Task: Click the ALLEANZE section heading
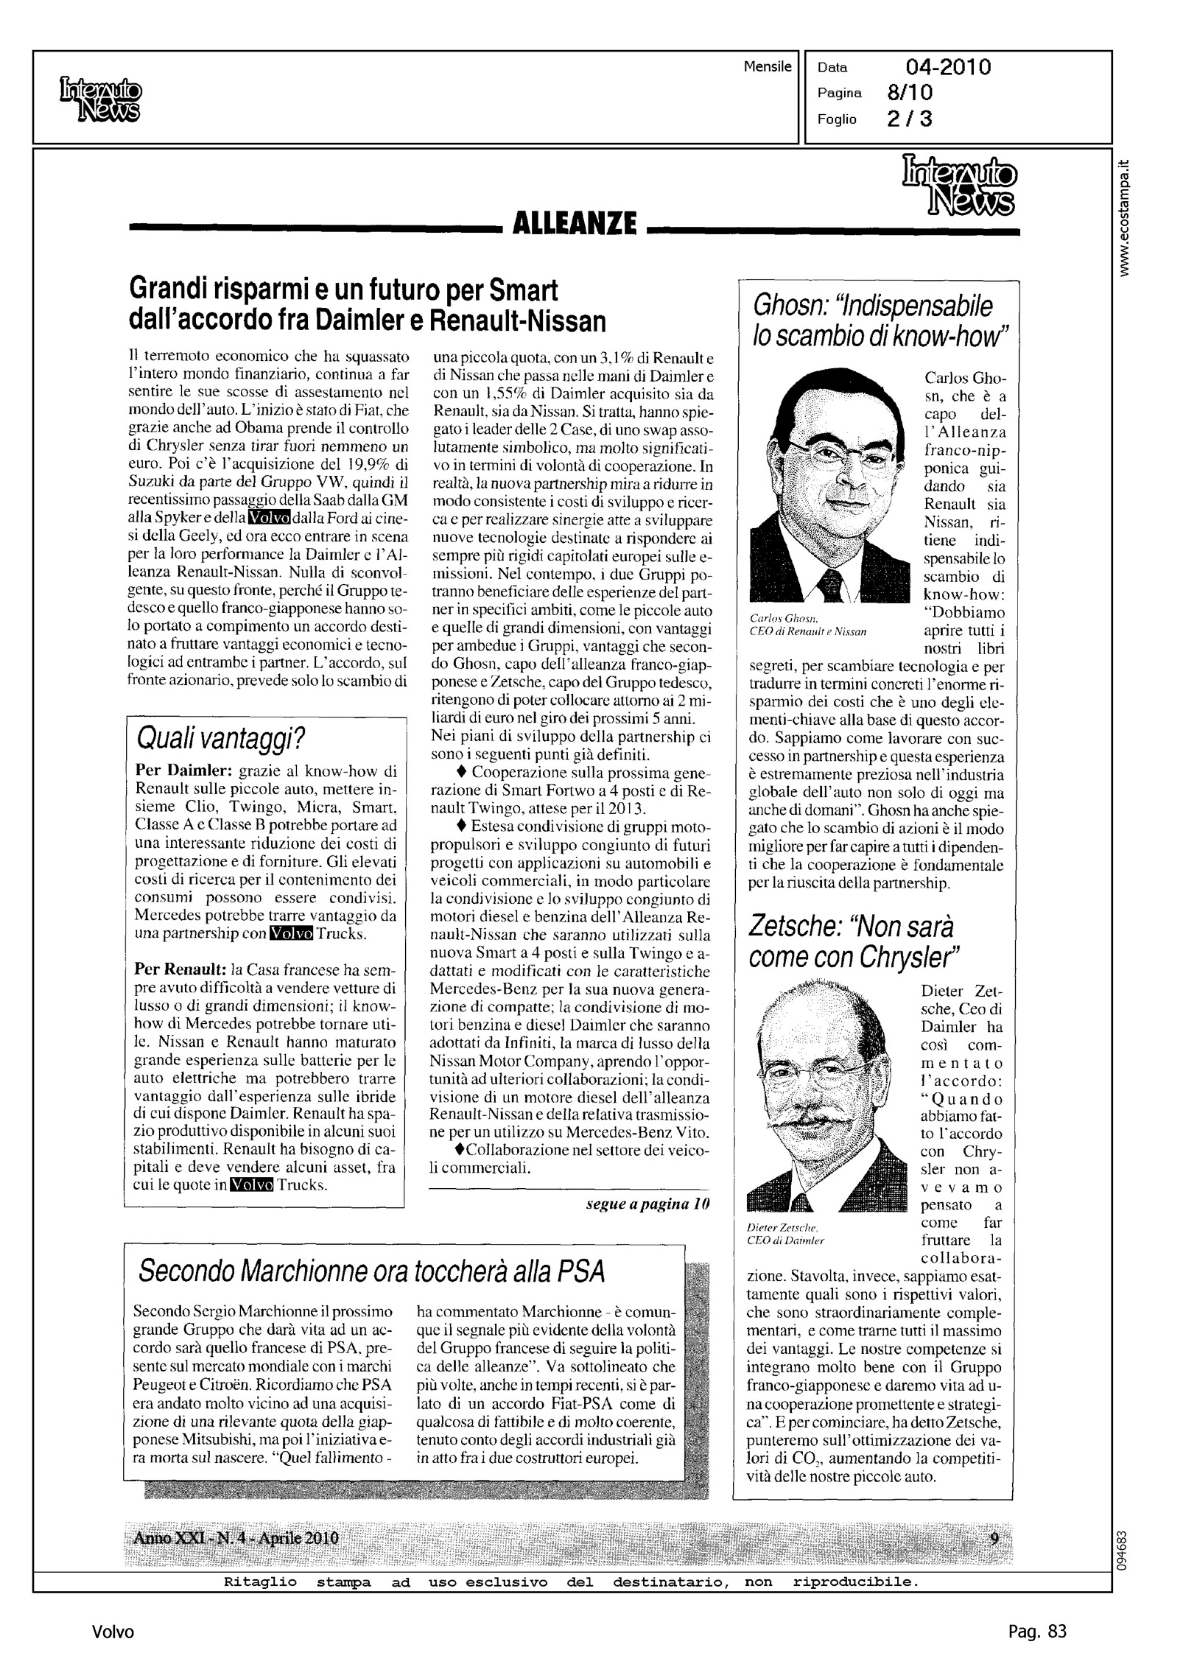(x=574, y=222)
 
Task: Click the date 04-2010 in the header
(x=948, y=68)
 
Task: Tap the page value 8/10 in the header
(x=910, y=93)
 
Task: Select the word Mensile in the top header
(x=768, y=67)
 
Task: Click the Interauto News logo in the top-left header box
(x=100, y=100)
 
